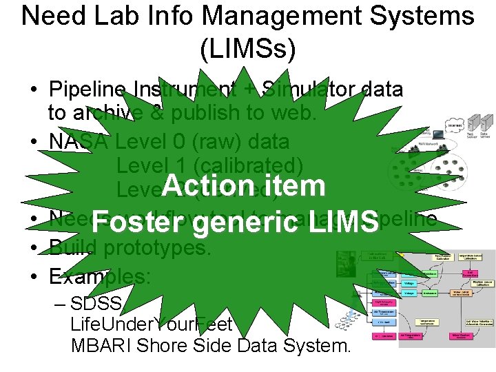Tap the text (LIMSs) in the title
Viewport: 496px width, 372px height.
click(247, 48)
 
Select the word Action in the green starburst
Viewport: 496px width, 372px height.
click(206, 185)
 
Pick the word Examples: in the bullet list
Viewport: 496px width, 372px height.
click(99, 277)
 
